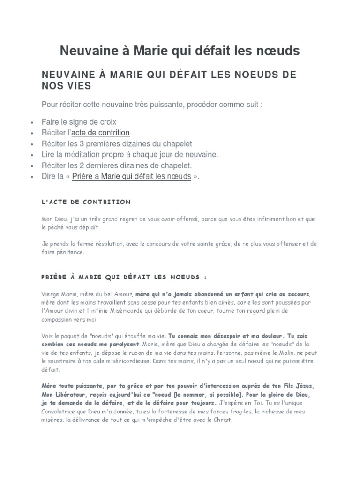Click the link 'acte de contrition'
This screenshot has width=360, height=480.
100,133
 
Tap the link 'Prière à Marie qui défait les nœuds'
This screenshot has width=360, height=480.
131,176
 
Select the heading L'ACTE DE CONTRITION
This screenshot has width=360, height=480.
86,202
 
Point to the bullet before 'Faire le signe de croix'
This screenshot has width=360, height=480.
31,122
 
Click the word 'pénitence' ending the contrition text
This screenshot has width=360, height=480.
69,252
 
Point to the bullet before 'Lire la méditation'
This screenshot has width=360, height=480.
31,155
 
